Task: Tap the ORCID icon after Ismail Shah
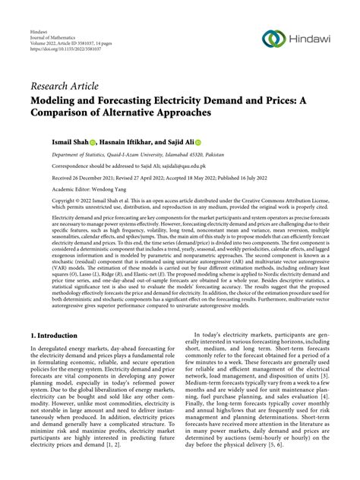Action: point(93,142)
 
